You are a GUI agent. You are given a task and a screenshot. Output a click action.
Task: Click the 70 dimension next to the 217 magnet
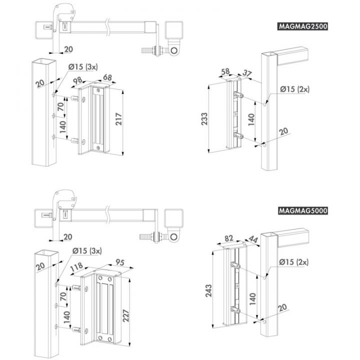[x=60, y=106]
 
